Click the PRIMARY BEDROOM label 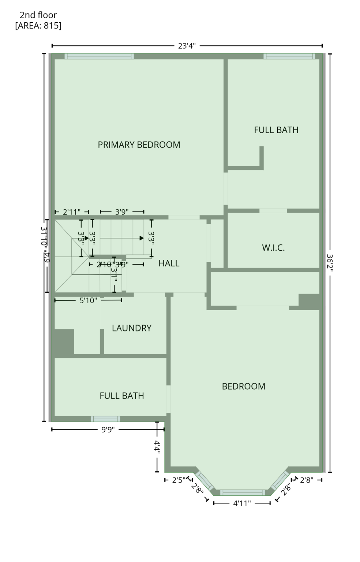point(139,145)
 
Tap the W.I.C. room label point(273,248)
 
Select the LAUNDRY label point(131,328)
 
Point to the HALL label point(169,263)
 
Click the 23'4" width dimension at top point(187,46)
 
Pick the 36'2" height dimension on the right point(330,263)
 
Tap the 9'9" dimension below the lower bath point(108,430)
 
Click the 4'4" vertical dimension point(157,447)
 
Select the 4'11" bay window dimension point(242,503)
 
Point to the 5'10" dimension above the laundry point(88,300)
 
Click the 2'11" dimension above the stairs point(72,212)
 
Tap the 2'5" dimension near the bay point(179,480)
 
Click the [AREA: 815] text point(38,26)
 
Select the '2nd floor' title point(38,15)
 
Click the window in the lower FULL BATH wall point(105,419)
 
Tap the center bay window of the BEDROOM point(242,492)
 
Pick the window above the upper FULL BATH point(289,56)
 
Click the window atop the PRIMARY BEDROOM point(99,56)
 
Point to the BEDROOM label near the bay point(243,386)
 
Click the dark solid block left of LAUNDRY point(64,342)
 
